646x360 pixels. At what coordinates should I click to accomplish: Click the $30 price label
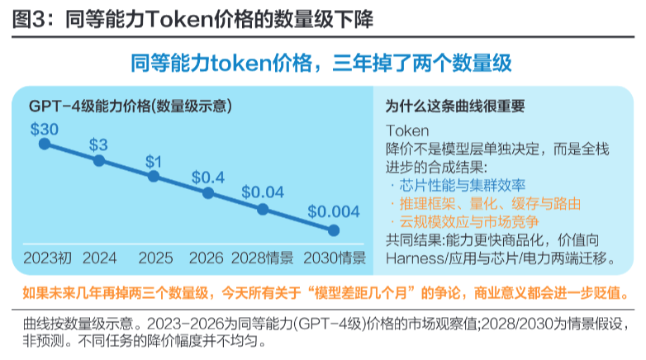click(45, 130)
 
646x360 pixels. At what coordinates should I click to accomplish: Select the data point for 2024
click(99, 160)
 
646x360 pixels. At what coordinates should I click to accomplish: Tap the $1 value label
click(154, 162)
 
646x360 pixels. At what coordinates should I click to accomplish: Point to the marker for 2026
click(208, 192)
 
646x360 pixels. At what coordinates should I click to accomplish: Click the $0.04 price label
click(263, 192)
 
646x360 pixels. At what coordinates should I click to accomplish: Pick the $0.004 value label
click(334, 211)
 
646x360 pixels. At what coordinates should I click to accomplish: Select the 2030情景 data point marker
click(334, 230)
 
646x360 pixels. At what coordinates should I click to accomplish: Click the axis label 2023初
click(47, 258)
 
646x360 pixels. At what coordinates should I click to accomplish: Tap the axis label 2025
click(155, 258)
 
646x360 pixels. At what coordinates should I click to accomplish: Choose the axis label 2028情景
click(262, 258)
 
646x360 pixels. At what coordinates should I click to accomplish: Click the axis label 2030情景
click(335, 258)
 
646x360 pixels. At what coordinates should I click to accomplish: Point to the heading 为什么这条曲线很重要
click(455, 107)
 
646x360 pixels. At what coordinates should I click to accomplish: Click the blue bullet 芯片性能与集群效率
click(463, 185)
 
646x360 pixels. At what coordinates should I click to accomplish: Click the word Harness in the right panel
click(414, 258)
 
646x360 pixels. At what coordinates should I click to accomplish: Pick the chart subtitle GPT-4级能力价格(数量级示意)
click(131, 107)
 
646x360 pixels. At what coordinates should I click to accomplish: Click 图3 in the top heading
click(28, 19)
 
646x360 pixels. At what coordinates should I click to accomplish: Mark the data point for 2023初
click(45, 144)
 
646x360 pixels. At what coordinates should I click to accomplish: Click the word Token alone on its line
click(407, 131)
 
